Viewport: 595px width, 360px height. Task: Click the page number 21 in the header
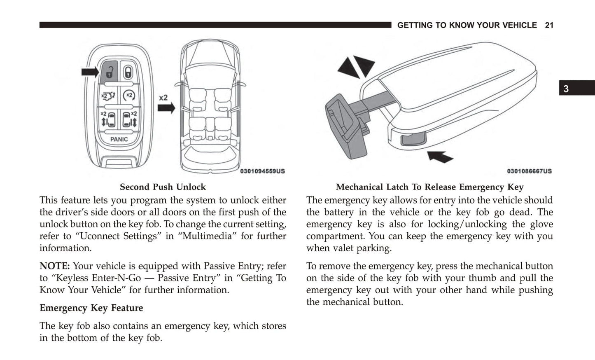coord(549,26)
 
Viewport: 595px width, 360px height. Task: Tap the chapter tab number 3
coord(566,89)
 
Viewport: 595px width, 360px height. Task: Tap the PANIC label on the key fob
coord(119,139)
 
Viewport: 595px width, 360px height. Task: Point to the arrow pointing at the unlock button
coord(90,72)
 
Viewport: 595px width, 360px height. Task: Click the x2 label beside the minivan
coord(163,98)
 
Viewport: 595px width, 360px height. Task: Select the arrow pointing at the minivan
coord(166,108)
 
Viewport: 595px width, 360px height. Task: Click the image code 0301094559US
coord(262,171)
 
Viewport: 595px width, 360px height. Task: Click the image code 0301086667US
coord(529,171)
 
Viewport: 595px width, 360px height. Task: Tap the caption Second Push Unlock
coord(163,187)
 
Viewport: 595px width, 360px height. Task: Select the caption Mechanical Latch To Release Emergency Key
coord(429,187)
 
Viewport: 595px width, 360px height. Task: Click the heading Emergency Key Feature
coord(91,308)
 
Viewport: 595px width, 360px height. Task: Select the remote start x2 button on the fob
coord(129,96)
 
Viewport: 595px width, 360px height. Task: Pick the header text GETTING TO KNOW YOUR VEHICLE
coord(467,26)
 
